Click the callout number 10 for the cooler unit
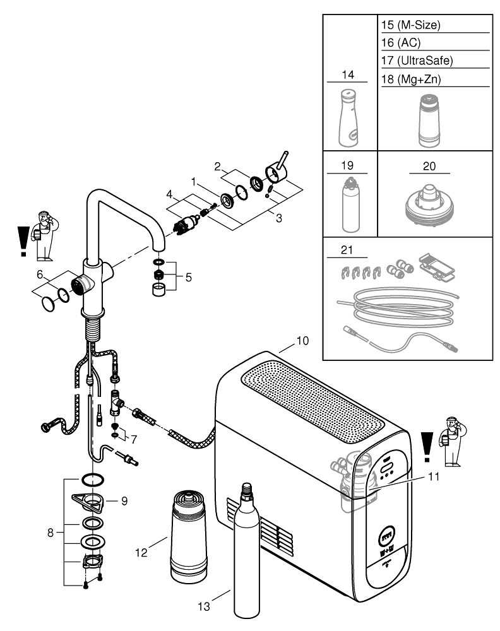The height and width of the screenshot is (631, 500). click(302, 341)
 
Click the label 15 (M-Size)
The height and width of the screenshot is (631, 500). click(411, 26)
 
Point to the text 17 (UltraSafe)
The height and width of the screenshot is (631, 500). click(417, 61)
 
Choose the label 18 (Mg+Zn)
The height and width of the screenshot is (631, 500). click(412, 79)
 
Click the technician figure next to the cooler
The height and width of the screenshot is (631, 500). click(452, 442)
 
